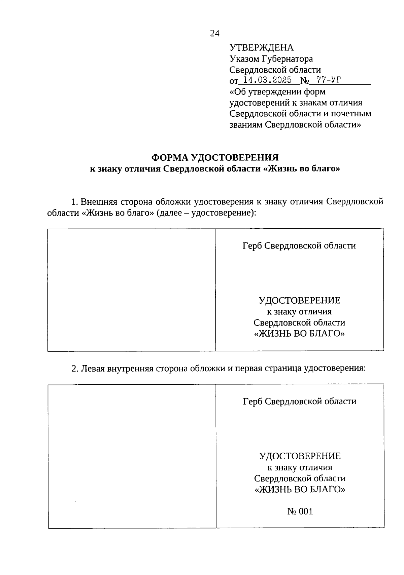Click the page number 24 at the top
(x=214, y=33)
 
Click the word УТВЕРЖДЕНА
(x=261, y=48)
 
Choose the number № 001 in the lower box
(x=300, y=511)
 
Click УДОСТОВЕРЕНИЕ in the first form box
(x=299, y=300)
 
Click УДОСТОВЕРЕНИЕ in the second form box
(x=300, y=456)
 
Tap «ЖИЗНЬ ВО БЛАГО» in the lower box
(x=300, y=489)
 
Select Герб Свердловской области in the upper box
(x=299, y=246)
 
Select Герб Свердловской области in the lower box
(x=300, y=401)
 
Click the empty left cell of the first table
(x=131, y=290)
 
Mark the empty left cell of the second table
(x=132, y=456)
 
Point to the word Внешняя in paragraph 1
(x=99, y=202)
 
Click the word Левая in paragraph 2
(x=92, y=369)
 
